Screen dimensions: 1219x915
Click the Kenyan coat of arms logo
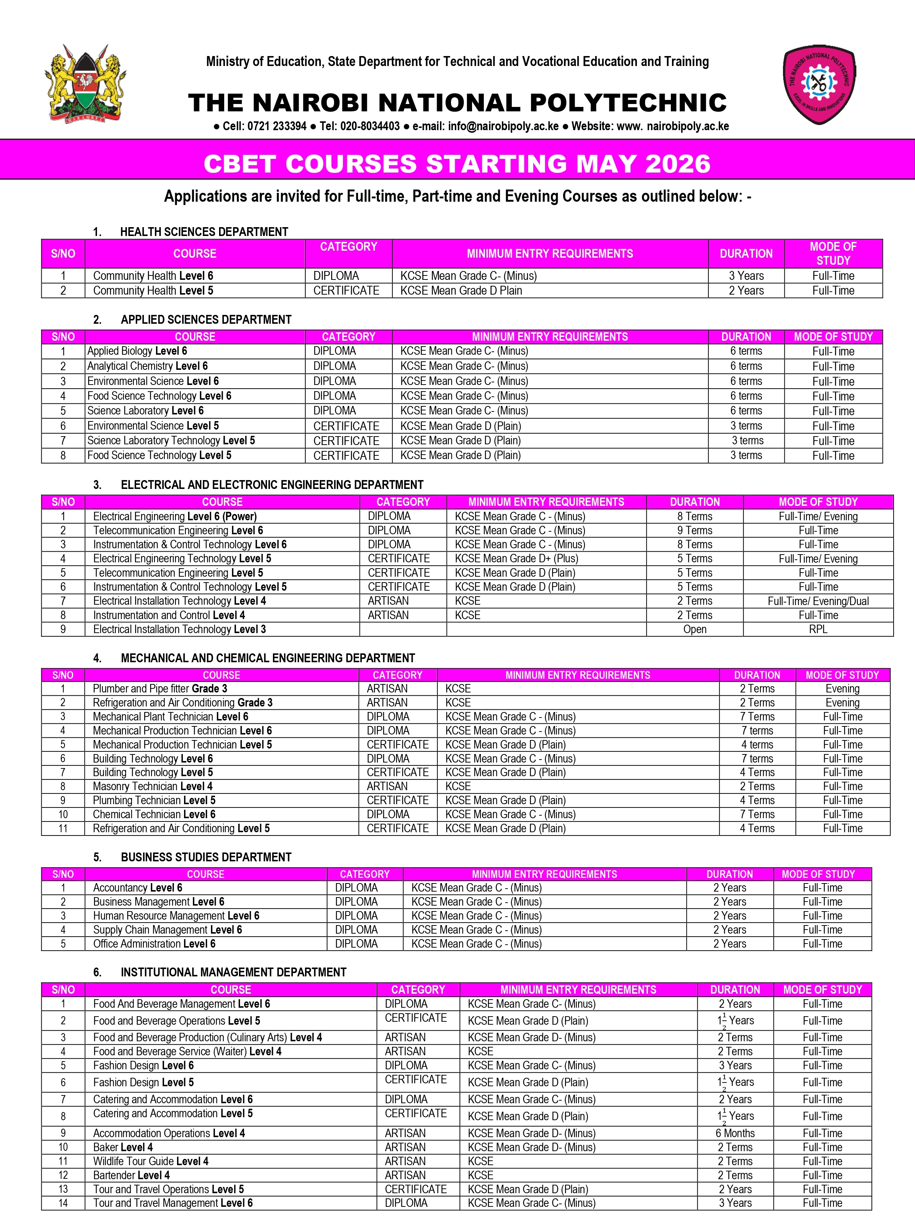click(86, 84)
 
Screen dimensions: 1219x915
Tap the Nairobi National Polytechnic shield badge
click(819, 84)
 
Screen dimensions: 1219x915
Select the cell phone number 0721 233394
click(276, 126)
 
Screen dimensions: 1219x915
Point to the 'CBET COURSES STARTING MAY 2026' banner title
click(457, 164)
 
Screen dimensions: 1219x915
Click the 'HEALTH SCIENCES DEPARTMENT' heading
click(204, 232)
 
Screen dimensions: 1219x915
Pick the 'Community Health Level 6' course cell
click(153, 275)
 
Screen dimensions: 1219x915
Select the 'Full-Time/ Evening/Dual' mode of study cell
click(818, 601)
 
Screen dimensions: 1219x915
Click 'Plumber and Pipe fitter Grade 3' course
click(160, 688)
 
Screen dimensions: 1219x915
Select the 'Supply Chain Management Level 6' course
click(167, 930)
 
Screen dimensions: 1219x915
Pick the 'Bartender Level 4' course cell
click(131, 1175)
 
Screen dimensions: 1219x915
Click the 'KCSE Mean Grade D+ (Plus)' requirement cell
click(516, 558)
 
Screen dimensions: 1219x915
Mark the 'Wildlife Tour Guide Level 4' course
click(150, 1161)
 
